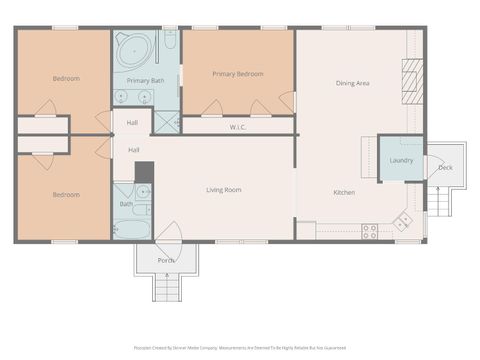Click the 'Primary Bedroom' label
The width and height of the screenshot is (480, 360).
coord(238,74)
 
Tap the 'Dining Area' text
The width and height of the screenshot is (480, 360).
coord(352,83)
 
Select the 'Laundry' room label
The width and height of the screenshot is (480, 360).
coord(401,160)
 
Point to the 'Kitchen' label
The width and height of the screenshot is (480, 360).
coord(344,191)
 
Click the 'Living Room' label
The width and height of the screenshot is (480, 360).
coord(224,189)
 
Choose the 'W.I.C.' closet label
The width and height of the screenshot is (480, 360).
coord(238,127)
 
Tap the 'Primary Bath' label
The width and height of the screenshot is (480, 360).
coord(145,80)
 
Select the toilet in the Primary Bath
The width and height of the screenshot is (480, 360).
coord(170,41)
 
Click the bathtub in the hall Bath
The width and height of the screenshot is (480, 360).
coord(131,228)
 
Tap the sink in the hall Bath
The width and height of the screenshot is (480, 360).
coord(142,190)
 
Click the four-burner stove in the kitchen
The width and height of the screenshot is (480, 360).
coord(369,231)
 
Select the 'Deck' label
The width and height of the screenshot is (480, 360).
coord(445,167)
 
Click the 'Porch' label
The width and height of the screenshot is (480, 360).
coord(166,260)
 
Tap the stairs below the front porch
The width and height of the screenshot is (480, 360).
coord(166,289)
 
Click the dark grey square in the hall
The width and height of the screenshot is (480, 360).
coord(144,171)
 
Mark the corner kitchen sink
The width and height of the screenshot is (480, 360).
coord(404,220)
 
